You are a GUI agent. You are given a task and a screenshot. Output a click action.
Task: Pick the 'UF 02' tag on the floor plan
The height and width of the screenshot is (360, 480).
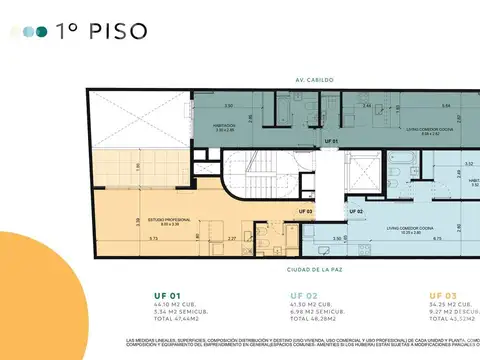[355, 211]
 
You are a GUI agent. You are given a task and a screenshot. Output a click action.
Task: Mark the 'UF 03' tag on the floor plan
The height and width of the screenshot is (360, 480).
[305, 211]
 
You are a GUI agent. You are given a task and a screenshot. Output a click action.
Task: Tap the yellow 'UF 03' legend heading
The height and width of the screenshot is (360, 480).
[445, 295]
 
